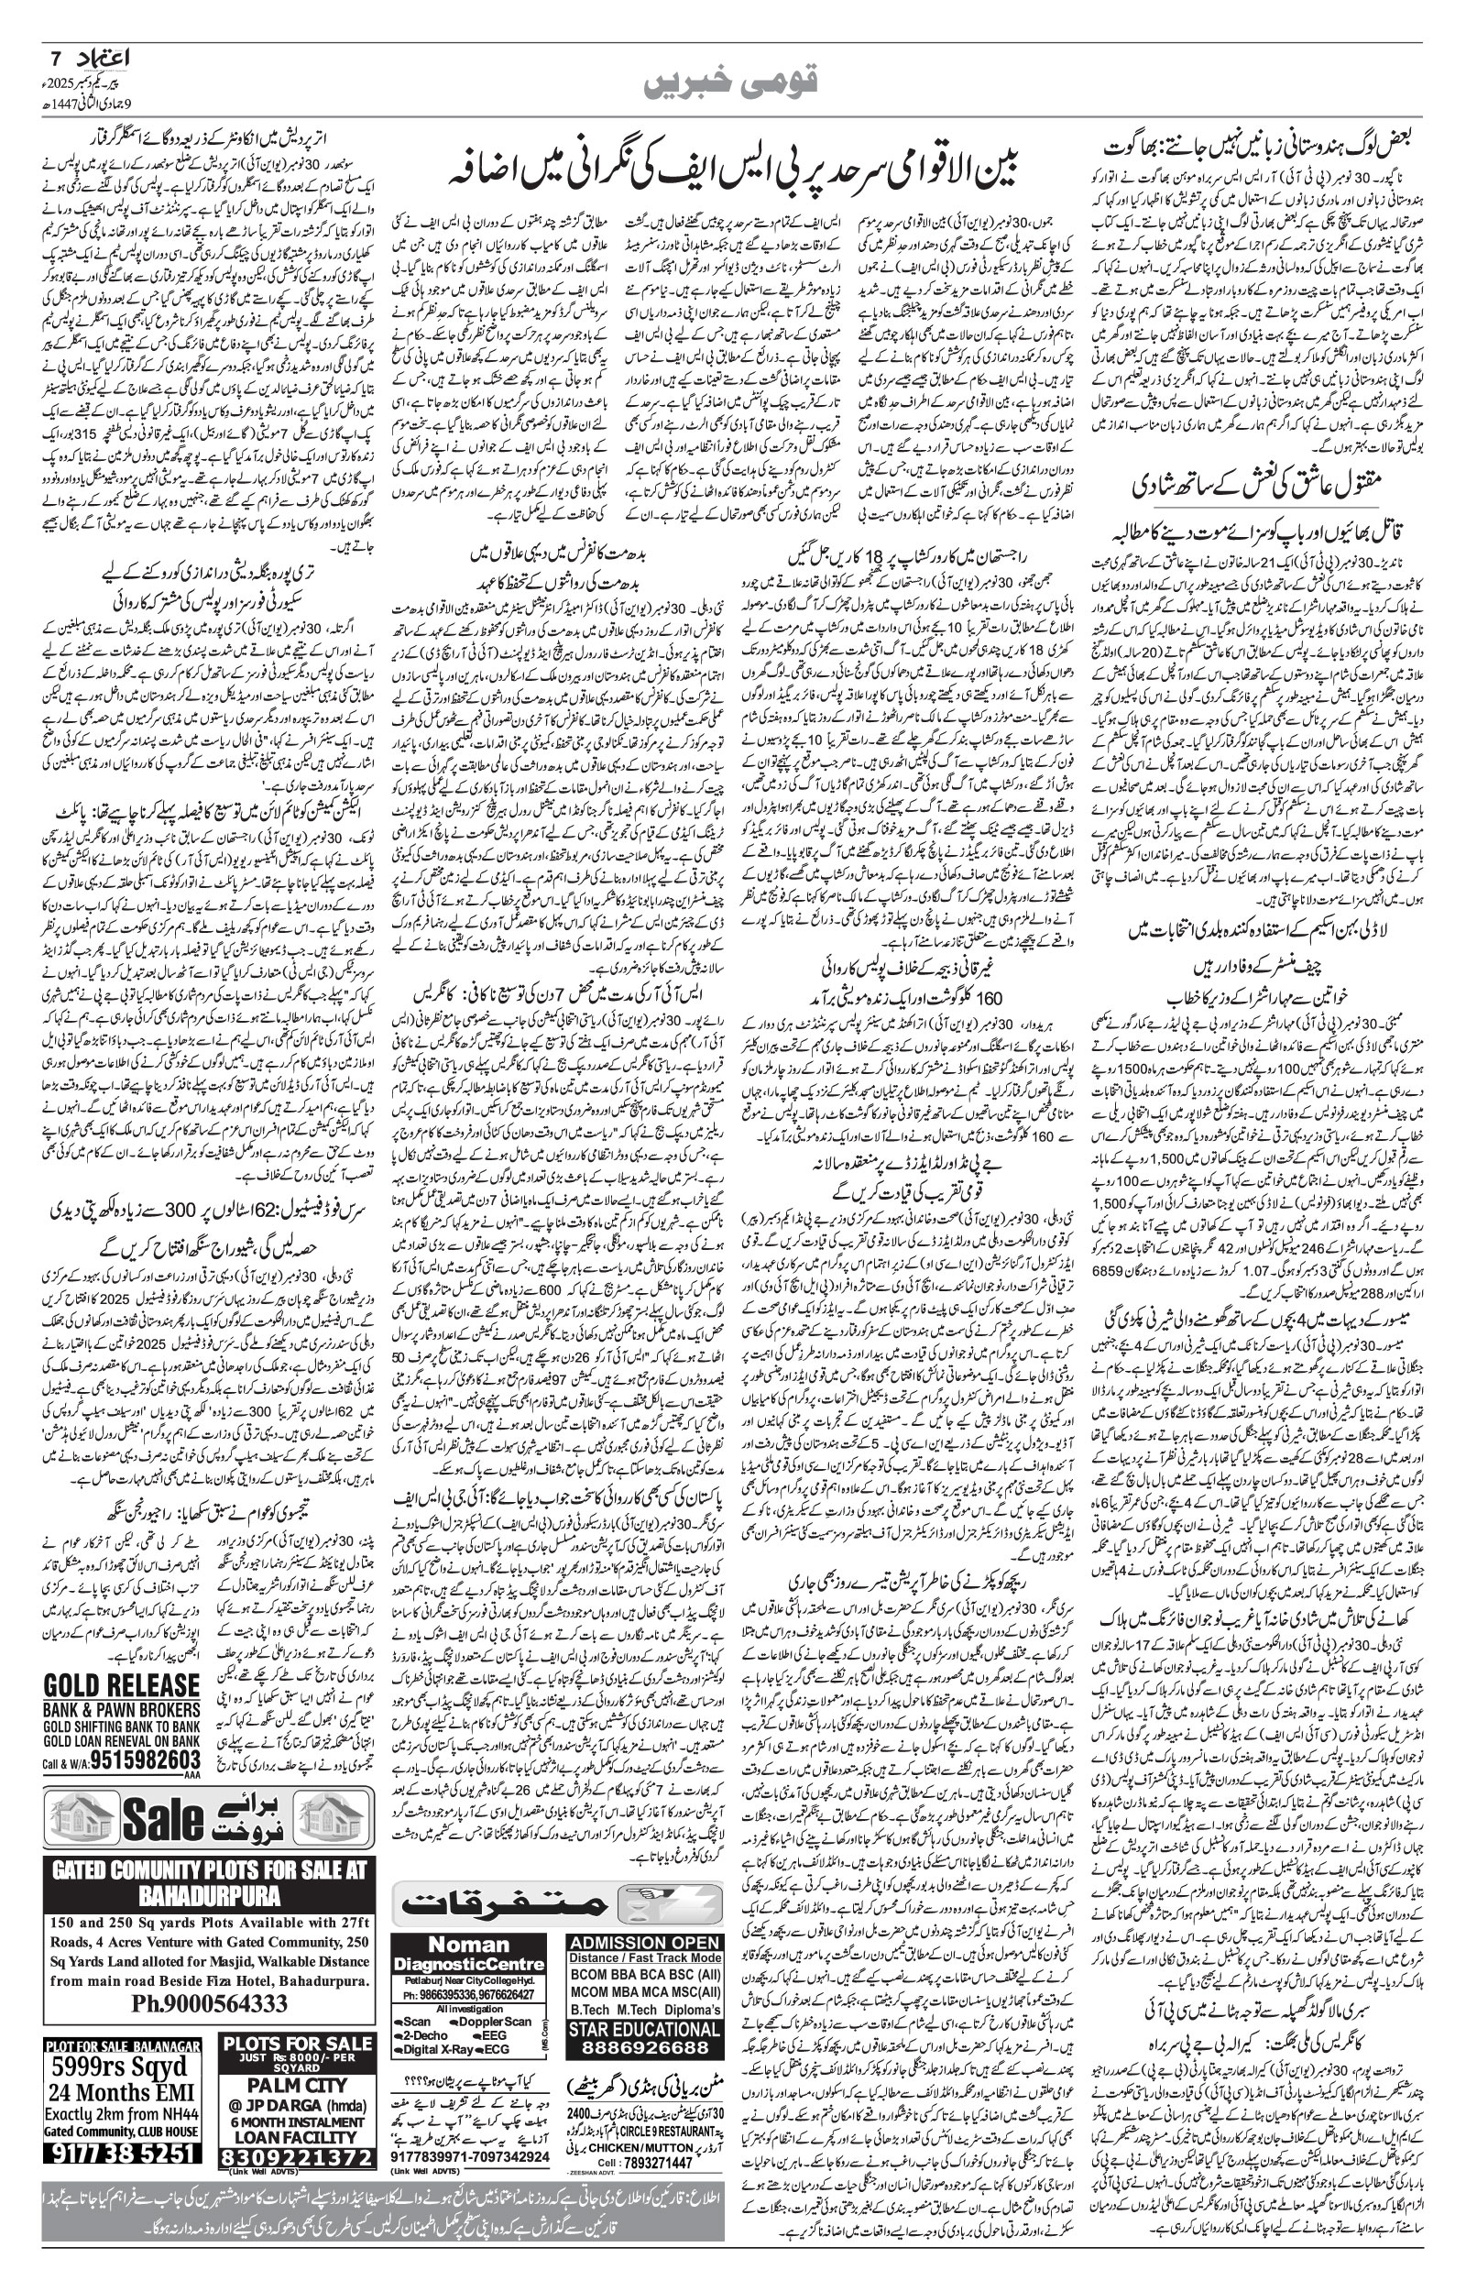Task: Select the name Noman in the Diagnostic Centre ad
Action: [x=470, y=1918]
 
